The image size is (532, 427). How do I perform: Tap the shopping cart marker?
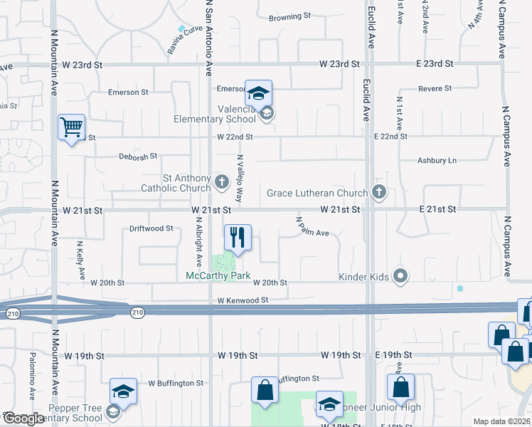[71, 127]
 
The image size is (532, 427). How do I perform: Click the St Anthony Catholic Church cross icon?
[221, 182]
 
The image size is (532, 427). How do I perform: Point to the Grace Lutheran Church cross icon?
[379, 191]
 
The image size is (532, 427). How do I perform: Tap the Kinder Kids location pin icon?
[400, 275]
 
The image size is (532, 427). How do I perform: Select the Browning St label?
[290, 16]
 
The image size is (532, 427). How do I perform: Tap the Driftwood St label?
[151, 228]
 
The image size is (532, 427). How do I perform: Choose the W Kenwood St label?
[243, 300]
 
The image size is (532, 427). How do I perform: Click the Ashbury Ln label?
[437, 161]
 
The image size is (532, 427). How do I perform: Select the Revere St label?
[435, 88]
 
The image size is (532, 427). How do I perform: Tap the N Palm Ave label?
[312, 227]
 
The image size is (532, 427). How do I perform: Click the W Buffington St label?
[175, 383]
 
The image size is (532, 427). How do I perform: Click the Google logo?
[23, 418]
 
